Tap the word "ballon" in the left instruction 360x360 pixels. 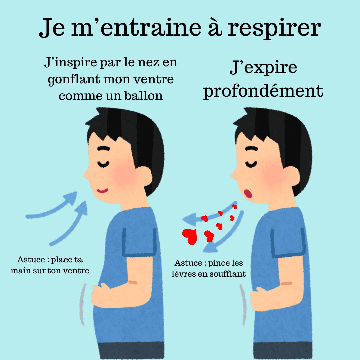point(143,96)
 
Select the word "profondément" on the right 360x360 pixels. point(263,91)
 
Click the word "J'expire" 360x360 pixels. point(263,68)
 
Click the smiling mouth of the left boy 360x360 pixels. point(102,191)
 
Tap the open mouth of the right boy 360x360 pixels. point(248,193)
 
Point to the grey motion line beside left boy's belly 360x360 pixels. point(82,304)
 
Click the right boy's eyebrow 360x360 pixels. point(252,148)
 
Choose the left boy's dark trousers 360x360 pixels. point(131,351)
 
